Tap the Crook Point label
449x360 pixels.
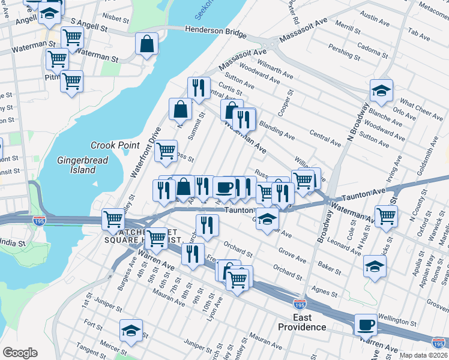coord(115,145)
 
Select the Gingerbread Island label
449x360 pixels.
coord(77,165)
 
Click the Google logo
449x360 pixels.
coord(20,353)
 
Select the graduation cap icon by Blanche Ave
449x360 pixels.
coord(381,90)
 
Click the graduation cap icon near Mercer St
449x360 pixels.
coord(131,329)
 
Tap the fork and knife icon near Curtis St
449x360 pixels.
coord(199,87)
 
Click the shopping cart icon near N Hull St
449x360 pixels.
coord(386,215)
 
